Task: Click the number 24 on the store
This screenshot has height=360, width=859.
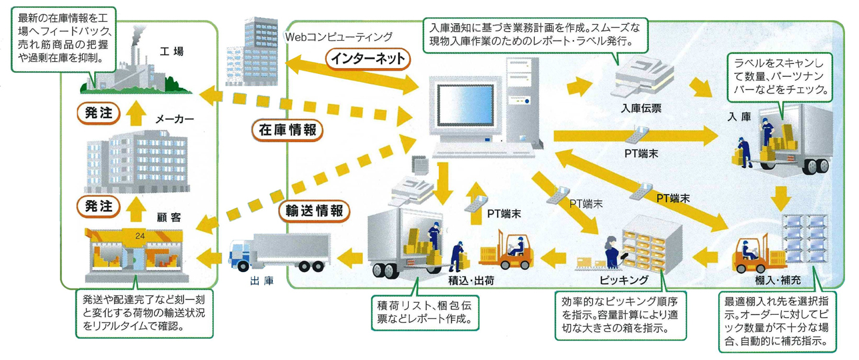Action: click(x=139, y=235)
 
